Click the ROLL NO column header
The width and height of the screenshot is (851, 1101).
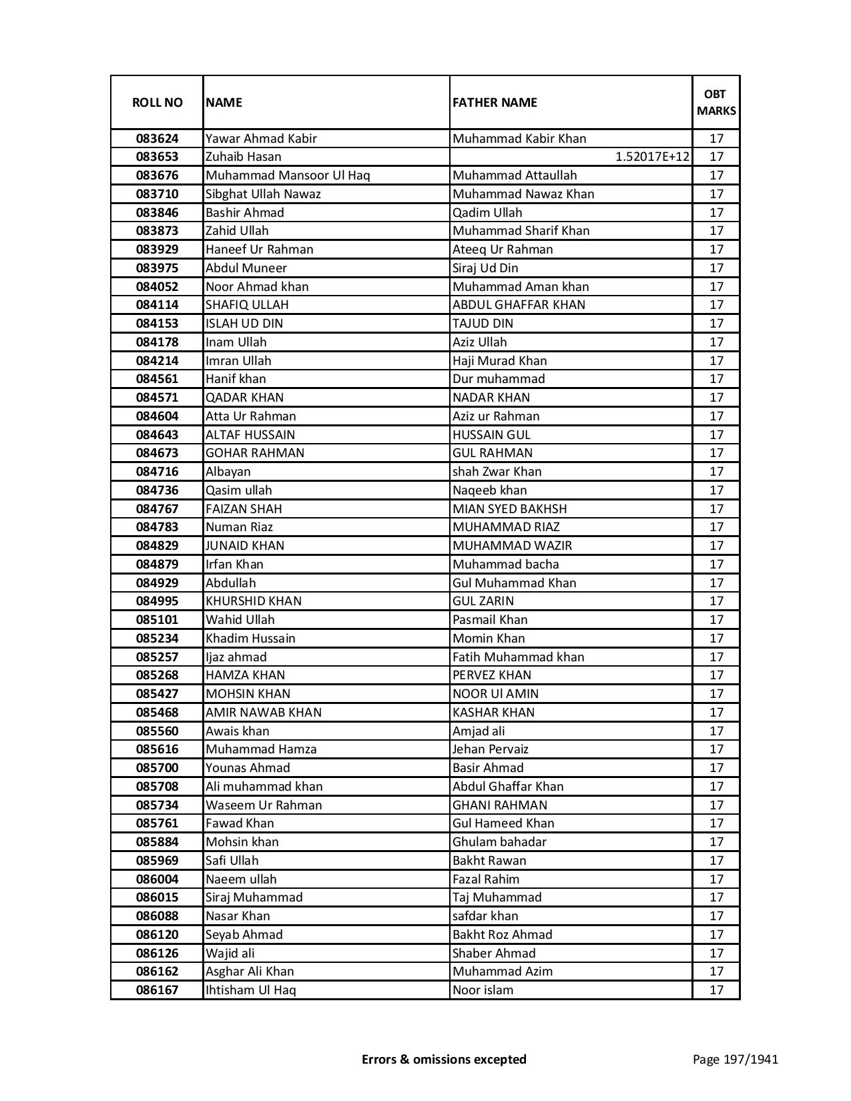pos(157,103)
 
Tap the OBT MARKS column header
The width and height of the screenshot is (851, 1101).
pos(716,103)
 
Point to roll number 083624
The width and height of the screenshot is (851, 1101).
pos(157,139)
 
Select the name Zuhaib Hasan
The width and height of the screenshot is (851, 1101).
pos(244,157)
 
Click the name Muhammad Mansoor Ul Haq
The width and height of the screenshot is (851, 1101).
pos(288,175)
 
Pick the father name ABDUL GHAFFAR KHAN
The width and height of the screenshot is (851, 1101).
pos(519,305)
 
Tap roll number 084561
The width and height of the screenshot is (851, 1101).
pos(157,379)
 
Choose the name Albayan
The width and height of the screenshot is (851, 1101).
pos(228,472)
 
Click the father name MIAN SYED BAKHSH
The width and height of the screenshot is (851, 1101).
pos(509,508)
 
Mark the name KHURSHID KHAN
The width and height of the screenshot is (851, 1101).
pos(254,601)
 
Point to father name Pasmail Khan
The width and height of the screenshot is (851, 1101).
pos(490,620)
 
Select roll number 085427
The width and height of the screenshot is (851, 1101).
pos(157,694)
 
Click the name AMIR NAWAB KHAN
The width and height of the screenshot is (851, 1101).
pos(264,713)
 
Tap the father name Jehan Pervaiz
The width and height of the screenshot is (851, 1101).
pos(491,749)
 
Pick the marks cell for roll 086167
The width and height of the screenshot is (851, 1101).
pos(716,990)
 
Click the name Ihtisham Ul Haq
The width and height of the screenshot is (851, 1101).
pos(250,990)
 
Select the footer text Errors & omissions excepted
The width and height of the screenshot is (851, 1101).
pos(444,1059)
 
